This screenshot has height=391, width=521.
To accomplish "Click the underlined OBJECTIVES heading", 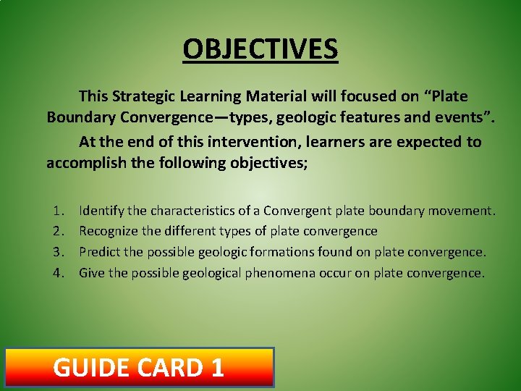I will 260,49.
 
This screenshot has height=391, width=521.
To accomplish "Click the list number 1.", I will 59,211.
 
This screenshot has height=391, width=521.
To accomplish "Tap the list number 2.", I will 59,232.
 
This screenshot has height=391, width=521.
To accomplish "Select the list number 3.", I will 59,252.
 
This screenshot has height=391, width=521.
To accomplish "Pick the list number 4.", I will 59,273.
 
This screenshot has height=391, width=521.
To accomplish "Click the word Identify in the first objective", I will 101,211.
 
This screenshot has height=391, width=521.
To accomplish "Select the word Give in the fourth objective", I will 92,273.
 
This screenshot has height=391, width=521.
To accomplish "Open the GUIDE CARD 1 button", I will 140,367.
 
